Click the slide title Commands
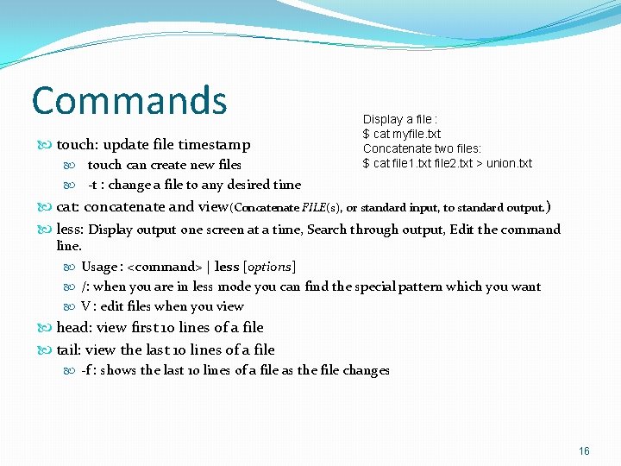click(x=129, y=100)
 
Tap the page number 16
click(x=584, y=451)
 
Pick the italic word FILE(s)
click(x=321, y=208)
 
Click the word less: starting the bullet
click(x=70, y=230)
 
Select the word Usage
click(x=99, y=267)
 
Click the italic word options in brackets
click(x=269, y=267)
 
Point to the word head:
click(x=74, y=327)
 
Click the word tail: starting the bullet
click(x=69, y=349)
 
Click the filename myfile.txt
click(x=417, y=134)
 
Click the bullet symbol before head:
click(x=47, y=328)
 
